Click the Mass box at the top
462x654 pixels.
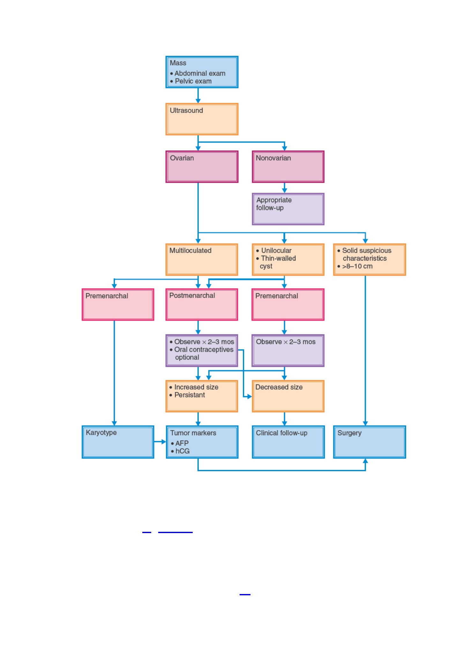click(x=202, y=72)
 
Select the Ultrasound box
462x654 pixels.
click(x=202, y=119)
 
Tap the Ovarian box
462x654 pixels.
click(x=202, y=167)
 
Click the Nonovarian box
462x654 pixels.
click(x=288, y=167)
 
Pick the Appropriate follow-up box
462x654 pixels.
click(x=288, y=209)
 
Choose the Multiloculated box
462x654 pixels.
click(x=202, y=259)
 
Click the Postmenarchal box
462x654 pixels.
click(x=202, y=304)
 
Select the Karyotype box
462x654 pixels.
click(x=118, y=442)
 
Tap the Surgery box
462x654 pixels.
click(x=369, y=442)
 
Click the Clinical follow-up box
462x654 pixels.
click(x=288, y=442)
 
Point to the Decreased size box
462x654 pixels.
click(x=288, y=396)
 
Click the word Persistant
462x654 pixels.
click(x=190, y=395)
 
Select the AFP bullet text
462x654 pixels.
click(x=182, y=443)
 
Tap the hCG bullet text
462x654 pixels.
click(x=183, y=451)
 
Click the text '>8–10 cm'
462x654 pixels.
click(x=357, y=266)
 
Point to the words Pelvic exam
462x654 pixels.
click(x=193, y=81)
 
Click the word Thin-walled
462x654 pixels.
click(x=279, y=258)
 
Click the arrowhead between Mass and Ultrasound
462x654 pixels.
click(x=198, y=100)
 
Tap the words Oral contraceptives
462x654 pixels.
click(x=204, y=350)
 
